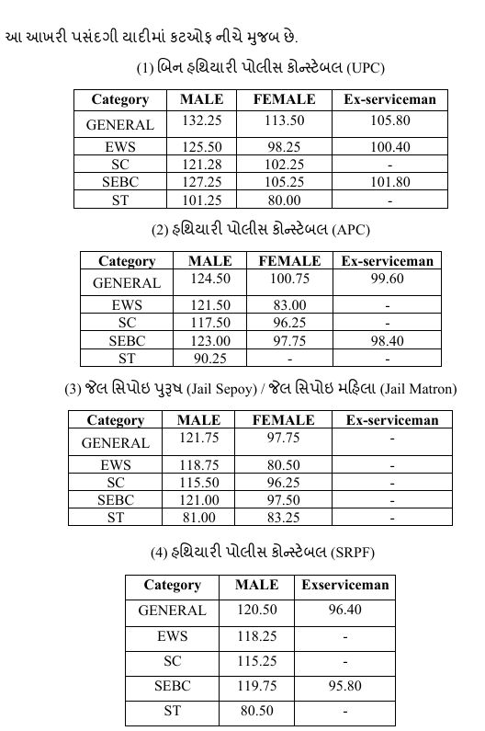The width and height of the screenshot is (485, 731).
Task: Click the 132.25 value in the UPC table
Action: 201,120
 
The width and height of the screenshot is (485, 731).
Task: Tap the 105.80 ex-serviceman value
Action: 389,120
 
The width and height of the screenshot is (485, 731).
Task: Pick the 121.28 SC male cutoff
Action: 201,165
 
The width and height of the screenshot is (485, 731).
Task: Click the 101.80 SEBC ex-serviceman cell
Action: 389,182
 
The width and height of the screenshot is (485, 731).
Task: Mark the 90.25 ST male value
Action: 209,358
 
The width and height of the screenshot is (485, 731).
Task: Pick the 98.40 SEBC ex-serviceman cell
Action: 387,340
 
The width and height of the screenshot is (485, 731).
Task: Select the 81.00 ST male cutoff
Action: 198,518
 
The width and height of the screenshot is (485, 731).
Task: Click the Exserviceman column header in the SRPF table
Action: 344,585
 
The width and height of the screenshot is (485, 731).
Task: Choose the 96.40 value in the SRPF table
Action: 344,610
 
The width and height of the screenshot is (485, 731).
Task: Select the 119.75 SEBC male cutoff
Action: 256,685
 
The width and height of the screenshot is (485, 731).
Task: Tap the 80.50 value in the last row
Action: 256,711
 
